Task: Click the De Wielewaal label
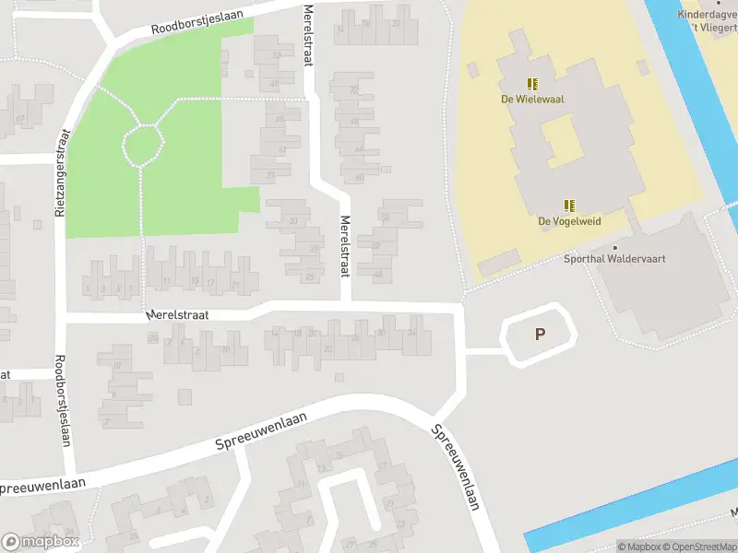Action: pos(532,99)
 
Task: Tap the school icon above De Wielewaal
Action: pos(532,83)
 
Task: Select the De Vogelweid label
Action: pos(569,221)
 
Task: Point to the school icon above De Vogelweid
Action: pos(569,206)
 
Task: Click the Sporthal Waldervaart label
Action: pos(614,260)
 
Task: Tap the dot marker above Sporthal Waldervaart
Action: pos(615,247)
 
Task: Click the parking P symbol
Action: pos(540,335)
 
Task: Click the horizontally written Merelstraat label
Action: pos(177,315)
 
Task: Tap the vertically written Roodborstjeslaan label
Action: pos(62,400)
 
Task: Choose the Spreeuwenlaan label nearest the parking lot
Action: pos(456,467)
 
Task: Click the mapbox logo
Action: pos(40,542)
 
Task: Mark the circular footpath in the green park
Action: pos(143,144)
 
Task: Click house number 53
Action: pos(277,55)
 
